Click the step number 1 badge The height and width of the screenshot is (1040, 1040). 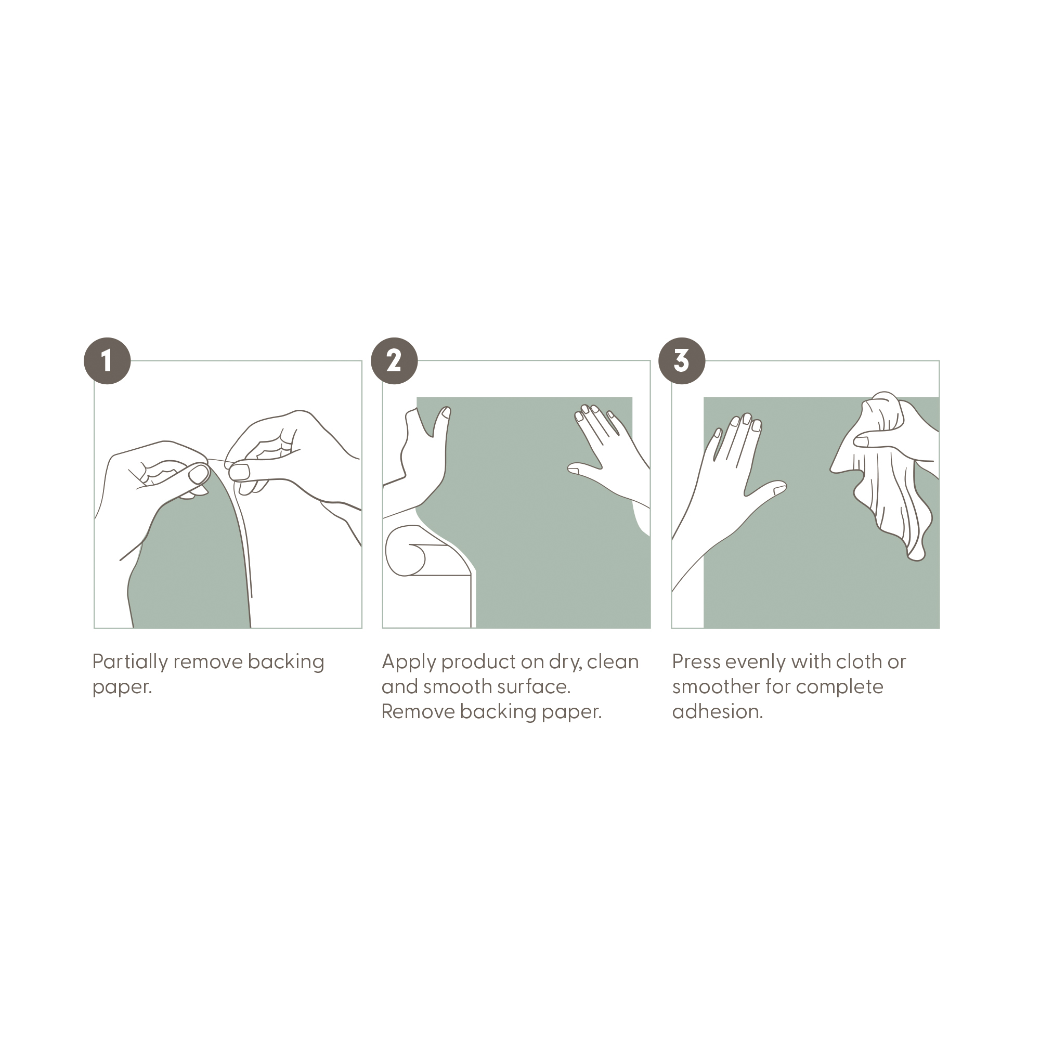point(107,361)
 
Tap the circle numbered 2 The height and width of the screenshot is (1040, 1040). point(394,361)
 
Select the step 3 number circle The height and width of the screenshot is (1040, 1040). point(682,361)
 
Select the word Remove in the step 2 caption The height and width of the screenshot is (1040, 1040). point(417,712)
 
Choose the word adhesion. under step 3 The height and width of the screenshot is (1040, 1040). point(718,712)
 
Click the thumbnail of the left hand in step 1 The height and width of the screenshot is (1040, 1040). point(198,474)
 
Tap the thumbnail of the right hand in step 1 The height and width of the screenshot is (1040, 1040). point(240,472)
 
